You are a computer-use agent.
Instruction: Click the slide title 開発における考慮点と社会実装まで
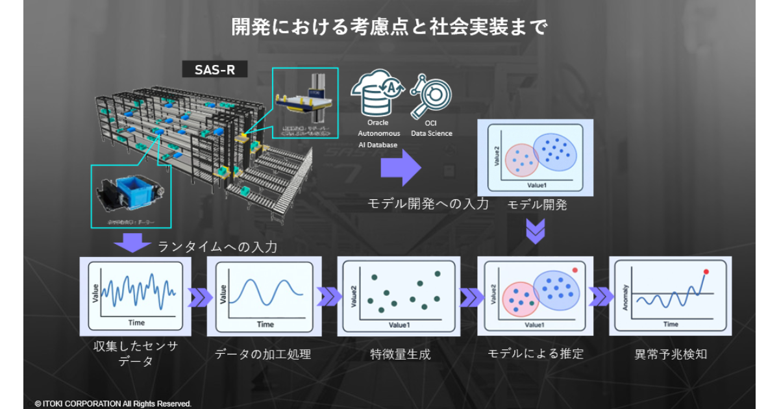point(389,27)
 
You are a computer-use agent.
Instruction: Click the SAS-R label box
point(215,69)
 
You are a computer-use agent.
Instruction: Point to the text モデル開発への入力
point(428,204)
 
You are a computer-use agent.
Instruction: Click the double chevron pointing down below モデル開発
point(535,231)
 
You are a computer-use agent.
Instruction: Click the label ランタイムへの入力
point(217,247)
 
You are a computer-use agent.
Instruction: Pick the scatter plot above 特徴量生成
point(399,295)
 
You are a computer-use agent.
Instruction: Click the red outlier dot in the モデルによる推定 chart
point(575,270)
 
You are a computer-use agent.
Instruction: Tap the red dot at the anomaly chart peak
point(706,271)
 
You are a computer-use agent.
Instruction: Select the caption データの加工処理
point(263,354)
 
